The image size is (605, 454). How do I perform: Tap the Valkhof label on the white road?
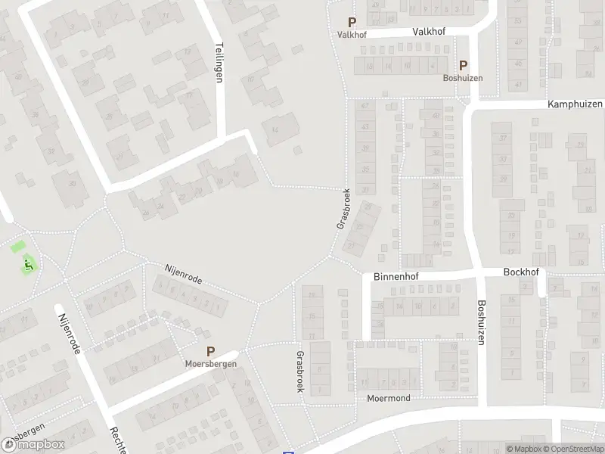coord(429,32)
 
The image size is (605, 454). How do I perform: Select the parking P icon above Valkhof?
coord(351,23)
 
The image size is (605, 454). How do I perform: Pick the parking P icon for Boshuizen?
coord(463,66)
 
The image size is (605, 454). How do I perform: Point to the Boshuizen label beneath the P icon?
coord(463,78)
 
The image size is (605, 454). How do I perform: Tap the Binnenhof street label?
coord(396,278)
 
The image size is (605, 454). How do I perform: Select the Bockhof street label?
coord(520,271)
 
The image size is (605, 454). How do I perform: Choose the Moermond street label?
coord(389,398)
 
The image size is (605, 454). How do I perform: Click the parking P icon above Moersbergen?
coord(211,352)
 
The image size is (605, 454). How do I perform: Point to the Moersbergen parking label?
coord(211,364)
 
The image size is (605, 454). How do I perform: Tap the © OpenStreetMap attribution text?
coord(573,449)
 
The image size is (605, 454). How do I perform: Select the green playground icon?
coord(29,264)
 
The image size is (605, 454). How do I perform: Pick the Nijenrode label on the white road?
coord(74,333)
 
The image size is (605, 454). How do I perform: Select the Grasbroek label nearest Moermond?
coord(300,372)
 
